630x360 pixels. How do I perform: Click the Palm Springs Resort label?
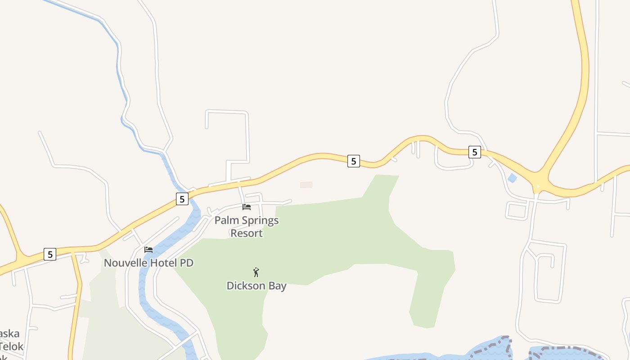pyautogui.click(x=247, y=227)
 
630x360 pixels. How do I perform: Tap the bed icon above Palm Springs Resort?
pyautogui.click(x=247, y=207)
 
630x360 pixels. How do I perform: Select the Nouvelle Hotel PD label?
pyautogui.click(x=148, y=263)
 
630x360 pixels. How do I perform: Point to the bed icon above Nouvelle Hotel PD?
pyautogui.click(x=148, y=250)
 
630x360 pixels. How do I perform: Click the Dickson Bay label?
pyautogui.click(x=256, y=286)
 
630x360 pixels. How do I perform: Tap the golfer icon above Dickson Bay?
pyautogui.click(x=256, y=272)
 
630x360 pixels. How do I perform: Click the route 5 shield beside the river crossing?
pyautogui.click(x=182, y=199)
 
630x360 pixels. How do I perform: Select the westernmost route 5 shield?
pyautogui.click(x=50, y=254)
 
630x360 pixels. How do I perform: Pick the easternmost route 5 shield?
pyautogui.click(x=475, y=152)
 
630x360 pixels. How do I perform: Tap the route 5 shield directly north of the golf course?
pyautogui.click(x=354, y=161)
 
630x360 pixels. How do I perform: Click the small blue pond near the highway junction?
pyautogui.click(x=512, y=178)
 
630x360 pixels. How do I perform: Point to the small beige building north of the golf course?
pyautogui.click(x=306, y=185)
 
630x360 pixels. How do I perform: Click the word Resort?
pyautogui.click(x=247, y=233)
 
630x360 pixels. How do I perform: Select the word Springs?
pyautogui.click(x=260, y=221)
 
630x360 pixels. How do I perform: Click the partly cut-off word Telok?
pyautogui.click(x=11, y=346)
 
